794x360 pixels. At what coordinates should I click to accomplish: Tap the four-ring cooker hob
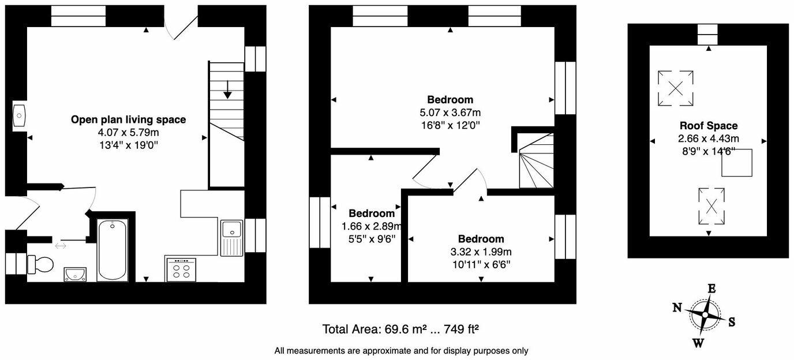pyautogui.click(x=181, y=270)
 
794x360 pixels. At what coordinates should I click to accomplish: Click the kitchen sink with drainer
pyautogui.click(x=232, y=237)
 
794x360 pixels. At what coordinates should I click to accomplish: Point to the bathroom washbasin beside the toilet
pyautogui.click(x=75, y=273)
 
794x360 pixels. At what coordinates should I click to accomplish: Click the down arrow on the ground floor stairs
pyautogui.click(x=227, y=89)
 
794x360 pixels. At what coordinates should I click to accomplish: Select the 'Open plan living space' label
pyautogui.click(x=128, y=120)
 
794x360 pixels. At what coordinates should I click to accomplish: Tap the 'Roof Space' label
pyautogui.click(x=708, y=126)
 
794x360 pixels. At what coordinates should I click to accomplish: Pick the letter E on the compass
pyautogui.click(x=712, y=289)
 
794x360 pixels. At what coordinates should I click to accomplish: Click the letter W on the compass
pyautogui.click(x=698, y=343)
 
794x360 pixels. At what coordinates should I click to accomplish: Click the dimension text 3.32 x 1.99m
pyautogui.click(x=481, y=252)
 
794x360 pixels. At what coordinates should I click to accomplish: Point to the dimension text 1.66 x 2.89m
pyautogui.click(x=371, y=226)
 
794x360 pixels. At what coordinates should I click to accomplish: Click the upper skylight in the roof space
pyautogui.click(x=675, y=88)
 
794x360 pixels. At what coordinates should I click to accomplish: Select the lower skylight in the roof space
pyautogui.click(x=712, y=206)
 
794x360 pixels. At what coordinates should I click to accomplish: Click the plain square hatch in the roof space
pyautogui.click(x=737, y=163)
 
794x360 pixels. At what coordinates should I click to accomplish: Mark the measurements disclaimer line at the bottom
pyautogui.click(x=401, y=350)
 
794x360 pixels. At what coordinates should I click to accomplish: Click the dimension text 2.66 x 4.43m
pyautogui.click(x=708, y=138)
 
